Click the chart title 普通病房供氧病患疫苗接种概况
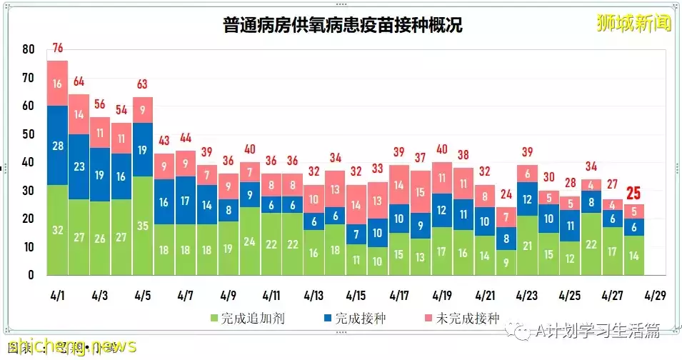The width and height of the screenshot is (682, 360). (342, 26)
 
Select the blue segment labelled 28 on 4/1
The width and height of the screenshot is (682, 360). (58, 146)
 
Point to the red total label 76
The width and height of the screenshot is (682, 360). (58, 49)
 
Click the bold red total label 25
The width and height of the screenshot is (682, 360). (633, 194)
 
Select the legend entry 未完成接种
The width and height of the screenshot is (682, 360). (468, 318)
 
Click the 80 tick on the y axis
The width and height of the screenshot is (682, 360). (29, 50)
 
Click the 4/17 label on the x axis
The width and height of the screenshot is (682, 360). (400, 295)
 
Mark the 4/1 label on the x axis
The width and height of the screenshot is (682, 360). (58, 295)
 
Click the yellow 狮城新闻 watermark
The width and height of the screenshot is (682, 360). (634, 23)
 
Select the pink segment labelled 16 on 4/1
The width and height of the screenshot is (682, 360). (58, 84)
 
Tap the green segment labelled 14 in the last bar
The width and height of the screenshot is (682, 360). (633, 255)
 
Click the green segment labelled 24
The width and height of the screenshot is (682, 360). (249, 241)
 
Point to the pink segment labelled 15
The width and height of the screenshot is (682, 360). (421, 191)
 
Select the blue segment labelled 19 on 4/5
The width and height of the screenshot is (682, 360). (143, 149)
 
